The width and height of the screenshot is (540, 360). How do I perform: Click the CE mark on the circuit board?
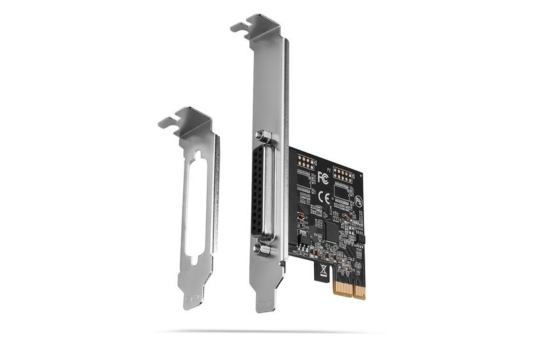pos(323,196)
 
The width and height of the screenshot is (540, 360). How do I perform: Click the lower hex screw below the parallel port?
pos(263,249)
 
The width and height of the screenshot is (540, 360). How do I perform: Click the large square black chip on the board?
pos(332,230)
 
